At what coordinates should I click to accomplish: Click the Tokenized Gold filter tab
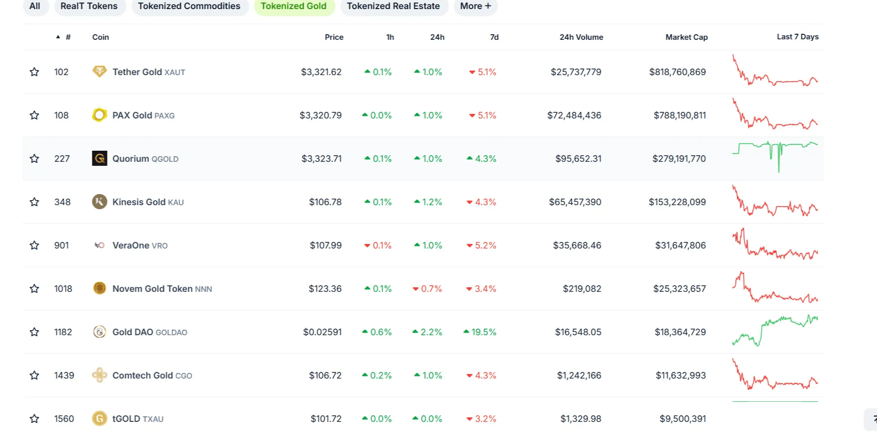(x=293, y=6)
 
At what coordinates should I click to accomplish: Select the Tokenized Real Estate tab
(x=393, y=6)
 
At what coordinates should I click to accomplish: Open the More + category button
(x=475, y=6)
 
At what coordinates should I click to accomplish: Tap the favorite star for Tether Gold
(x=34, y=72)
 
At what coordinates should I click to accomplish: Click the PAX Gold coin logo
(x=99, y=115)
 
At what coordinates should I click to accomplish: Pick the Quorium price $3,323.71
(x=321, y=159)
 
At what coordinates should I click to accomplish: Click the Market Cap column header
(x=686, y=37)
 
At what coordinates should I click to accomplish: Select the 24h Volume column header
(x=581, y=37)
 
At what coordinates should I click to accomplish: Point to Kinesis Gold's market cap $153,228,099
(x=677, y=202)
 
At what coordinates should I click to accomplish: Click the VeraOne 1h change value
(x=378, y=245)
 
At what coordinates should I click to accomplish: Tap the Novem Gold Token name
(x=152, y=289)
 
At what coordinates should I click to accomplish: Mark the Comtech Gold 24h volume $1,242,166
(x=579, y=376)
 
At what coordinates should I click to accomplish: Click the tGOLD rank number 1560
(x=64, y=419)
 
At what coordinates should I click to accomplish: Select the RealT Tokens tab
(x=89, y=6)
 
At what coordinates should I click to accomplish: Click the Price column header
(x=334, y=37)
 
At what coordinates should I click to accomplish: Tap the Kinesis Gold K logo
(x=99, y=202)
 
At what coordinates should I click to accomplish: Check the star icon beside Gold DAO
(x=34, y=332)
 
